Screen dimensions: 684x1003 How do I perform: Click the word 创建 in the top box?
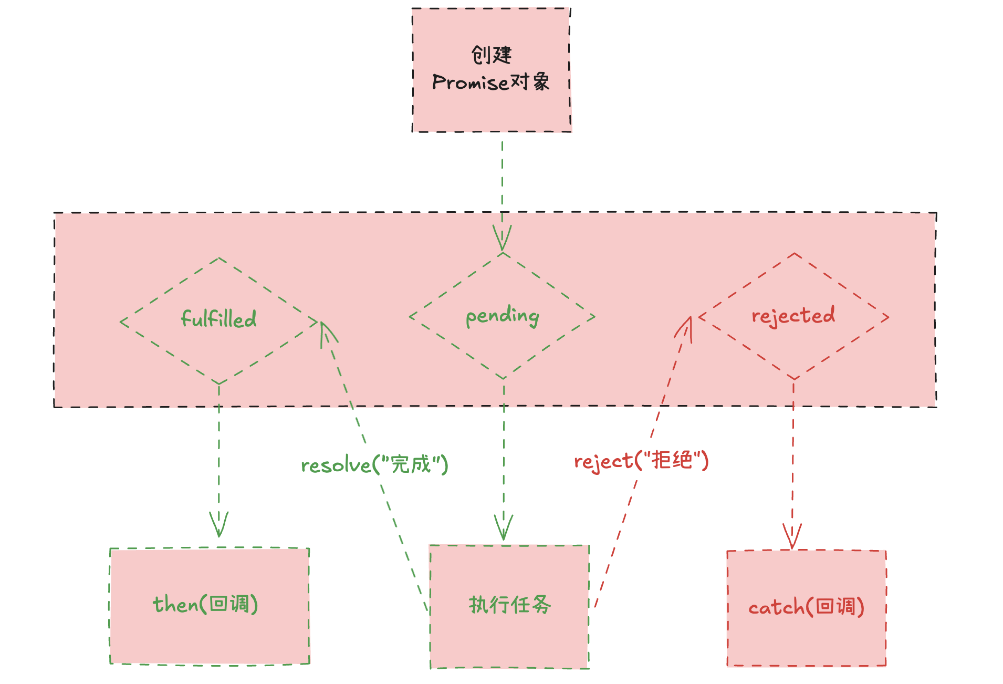point(491,55)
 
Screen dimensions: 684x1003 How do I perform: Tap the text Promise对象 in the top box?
point(491,82)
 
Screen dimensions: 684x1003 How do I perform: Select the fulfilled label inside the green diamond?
point(218,319)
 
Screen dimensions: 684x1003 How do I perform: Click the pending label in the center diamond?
point(503,316)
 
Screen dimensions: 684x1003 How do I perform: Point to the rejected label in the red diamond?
point(793,316)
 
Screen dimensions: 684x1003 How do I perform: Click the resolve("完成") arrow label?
point(374,465)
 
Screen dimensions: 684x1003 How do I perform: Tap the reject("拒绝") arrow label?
point(641,461)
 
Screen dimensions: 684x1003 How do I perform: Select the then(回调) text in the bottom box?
point(205,604)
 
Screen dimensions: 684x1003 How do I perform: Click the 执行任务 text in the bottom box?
point(509,605)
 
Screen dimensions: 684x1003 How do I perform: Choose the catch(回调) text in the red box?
point(806,607)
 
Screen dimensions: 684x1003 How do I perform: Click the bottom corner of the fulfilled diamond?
point(219,384)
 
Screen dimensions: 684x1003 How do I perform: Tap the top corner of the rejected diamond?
point(795,254)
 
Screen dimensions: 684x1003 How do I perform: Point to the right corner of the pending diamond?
point(594,317)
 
